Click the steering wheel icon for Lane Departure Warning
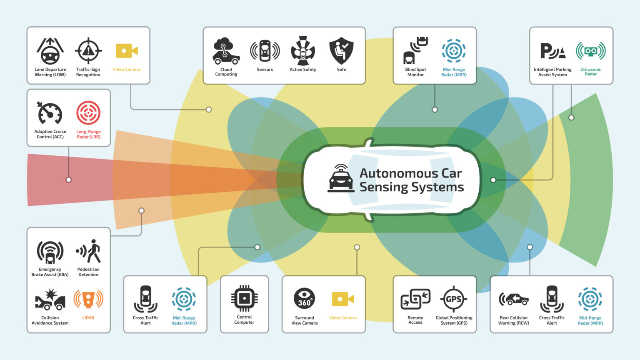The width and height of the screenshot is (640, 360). (50, 51)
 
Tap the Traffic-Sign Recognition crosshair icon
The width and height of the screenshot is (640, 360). (88, 51)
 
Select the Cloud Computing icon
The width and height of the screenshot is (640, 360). (226, 51)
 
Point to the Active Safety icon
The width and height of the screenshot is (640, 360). (303, 51)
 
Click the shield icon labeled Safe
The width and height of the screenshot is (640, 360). (341, 51)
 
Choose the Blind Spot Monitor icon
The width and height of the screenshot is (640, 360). (415, 51)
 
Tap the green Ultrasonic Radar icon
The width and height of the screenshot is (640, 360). (590, 51)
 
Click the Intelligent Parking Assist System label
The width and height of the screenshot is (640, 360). (552, 72)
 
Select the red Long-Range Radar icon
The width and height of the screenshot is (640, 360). (88, 113)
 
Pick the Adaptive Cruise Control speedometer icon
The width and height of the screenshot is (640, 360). (50, 113)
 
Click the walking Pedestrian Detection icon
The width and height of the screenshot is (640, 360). (88, 251)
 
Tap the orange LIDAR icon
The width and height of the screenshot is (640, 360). (88, 299)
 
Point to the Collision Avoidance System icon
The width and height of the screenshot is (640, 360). (50, 299)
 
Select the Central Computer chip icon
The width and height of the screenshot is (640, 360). (244, 298)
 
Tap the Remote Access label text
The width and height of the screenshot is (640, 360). (415, 320)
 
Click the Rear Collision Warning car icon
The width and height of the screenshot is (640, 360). (513, 299)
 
